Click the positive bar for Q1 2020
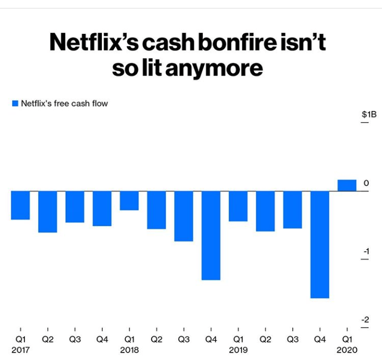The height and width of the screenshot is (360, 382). [347, 185]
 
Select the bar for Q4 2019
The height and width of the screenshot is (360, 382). [320, 244]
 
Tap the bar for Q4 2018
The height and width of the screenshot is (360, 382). [211, 235]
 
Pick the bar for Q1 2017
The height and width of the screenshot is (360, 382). [20, 205]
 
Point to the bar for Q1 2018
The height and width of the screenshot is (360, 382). [129, 201]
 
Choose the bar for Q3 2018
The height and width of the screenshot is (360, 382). [184, 216]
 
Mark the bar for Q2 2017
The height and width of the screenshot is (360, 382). [47, 211]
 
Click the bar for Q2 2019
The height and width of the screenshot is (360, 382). [265, 211]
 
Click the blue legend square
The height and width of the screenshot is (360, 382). [15, 104]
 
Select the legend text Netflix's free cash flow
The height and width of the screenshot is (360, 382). [64, 104]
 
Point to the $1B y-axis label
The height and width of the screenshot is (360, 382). [368, 114]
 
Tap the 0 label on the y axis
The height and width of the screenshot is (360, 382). [366, 183]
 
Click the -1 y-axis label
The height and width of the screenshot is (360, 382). [365, 251]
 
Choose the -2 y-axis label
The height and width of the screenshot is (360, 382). [365, 319]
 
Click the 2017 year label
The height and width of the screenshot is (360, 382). [20, 350]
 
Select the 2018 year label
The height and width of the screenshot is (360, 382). [129, 350]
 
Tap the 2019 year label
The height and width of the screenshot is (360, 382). [238, 350]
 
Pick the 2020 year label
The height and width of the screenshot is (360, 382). [348, 350]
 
